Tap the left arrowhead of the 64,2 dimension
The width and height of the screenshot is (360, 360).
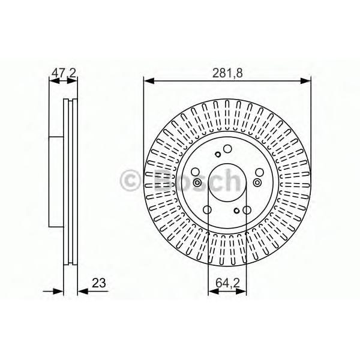coord(211,292)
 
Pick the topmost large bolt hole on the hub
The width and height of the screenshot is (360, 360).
coord(227,149)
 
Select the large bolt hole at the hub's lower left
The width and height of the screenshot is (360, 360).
coord(208,210)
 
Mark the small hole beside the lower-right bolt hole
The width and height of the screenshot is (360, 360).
coord(238,211)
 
